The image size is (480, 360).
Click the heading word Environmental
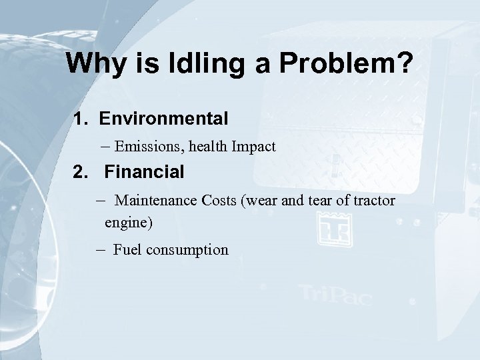pyautogui.click(x=164, y=119)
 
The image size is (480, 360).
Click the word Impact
pyautogui.click(x=253, y=147)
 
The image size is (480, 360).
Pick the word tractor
pyautogui.click(x=374, y=201)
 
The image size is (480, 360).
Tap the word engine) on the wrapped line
pyautogui.click(x=129, y=223)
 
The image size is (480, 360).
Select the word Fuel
pyautogui.click(x=126, y=250)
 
